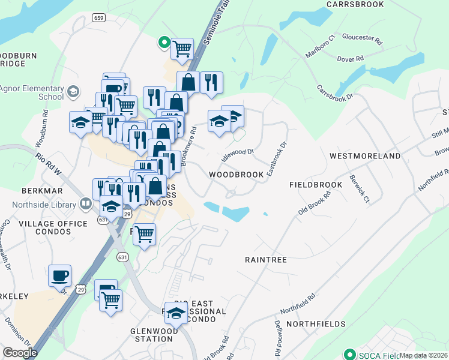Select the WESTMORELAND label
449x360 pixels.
point(365,156)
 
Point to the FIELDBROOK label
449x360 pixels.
point(315,185)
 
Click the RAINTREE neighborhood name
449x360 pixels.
point(266,260)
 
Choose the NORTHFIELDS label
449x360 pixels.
point(316,324)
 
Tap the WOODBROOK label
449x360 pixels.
point(237,175)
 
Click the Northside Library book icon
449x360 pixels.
point(86,205)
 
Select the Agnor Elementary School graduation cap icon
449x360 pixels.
point(74,92)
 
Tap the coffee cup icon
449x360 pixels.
point(59,275)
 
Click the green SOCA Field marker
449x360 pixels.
point(349,354)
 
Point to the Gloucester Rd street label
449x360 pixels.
point(363,40)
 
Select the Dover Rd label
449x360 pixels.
point(351,59)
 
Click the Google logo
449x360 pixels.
point(20,353)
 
